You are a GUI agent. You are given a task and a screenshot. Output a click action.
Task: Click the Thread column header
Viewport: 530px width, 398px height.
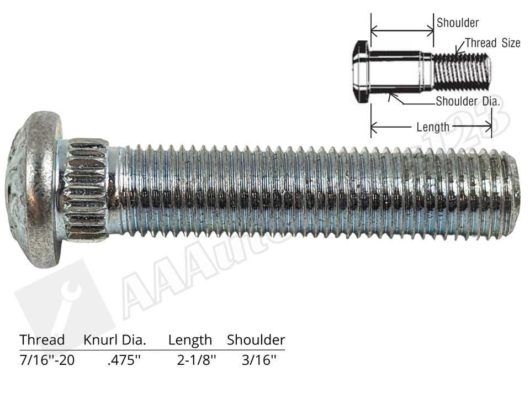42,340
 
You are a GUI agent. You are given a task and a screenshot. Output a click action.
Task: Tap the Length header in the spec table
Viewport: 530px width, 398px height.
190,340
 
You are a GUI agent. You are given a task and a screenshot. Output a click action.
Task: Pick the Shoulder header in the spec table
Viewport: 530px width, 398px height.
256,340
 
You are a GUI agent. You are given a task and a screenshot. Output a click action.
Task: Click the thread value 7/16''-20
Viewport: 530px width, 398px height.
47,360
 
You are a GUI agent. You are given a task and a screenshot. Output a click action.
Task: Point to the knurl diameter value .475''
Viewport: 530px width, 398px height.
125,360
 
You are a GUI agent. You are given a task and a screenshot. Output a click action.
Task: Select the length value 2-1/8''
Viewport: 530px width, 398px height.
197,360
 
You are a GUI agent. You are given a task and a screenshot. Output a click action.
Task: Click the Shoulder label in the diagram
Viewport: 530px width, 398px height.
458,23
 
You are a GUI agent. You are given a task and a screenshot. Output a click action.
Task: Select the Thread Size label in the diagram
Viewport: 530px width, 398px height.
492,43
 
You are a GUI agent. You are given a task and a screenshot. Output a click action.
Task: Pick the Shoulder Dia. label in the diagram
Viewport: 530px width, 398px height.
468,101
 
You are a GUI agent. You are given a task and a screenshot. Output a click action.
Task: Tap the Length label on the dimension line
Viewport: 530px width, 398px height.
433,127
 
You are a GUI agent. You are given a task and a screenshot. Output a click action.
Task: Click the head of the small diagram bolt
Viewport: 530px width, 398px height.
359,72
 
